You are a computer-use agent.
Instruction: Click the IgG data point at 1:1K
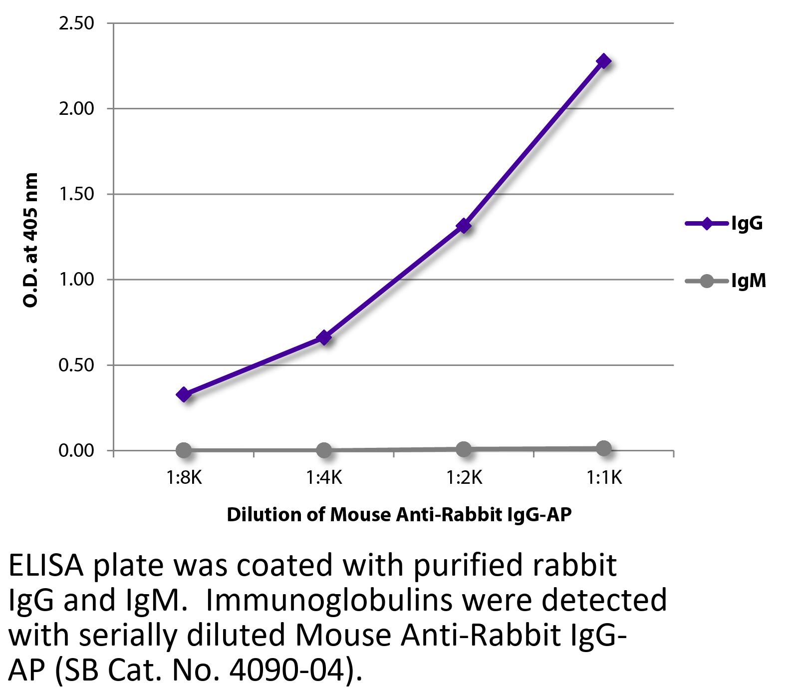coord(603,61)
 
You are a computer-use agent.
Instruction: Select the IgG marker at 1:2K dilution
coord(464,226)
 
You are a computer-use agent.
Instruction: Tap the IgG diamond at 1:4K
coord(324,338)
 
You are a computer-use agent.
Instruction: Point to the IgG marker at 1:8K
coord(184,394)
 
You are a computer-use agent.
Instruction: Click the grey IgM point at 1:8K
coord(184,450)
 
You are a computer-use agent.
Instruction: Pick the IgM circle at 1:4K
coord(324,450)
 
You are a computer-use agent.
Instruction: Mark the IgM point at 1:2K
coord(464,449)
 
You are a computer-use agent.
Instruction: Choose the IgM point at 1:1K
coord(603,448)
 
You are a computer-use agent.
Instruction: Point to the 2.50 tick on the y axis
coord(76,23)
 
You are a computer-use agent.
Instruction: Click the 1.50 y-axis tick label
coord(76,194)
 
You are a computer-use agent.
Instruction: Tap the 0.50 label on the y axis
coord(76,365)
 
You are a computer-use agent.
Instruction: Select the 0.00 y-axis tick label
coord(76,451)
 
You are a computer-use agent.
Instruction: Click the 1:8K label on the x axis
coord(184,478)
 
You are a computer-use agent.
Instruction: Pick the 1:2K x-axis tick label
coord(464,478)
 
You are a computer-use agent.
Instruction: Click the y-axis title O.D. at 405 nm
coord(31,240)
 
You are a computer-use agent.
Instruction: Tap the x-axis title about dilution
coord(399,514)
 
